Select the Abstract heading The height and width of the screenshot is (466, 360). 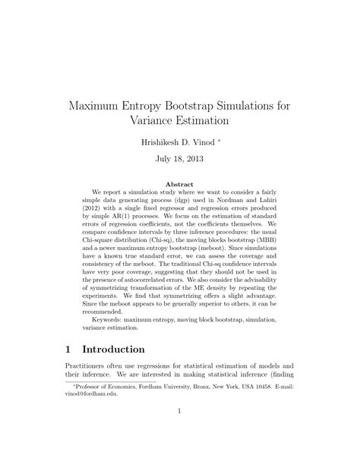click(179, 184)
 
